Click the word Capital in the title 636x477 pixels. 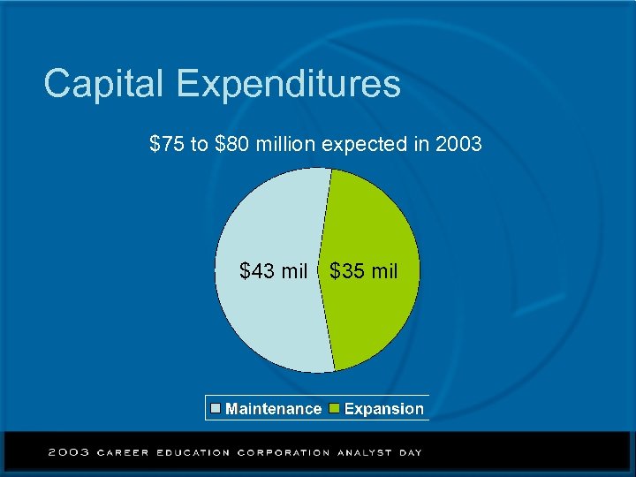[104, 84]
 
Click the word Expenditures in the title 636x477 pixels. [288, 84]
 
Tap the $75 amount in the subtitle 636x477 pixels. [166, 143]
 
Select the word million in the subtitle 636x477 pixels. [285, 143]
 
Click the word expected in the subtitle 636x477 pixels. [363, 143]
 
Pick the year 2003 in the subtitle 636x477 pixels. [458, 143]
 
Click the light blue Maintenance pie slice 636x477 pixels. [265, 318]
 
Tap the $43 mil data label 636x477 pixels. [274, 271]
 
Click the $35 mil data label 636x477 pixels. [364, 271]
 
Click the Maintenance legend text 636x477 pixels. [273, 409]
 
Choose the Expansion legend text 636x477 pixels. [383, 409]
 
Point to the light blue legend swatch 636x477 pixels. [216, 408]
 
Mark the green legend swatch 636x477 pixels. [334, 408]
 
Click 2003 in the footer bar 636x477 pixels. [68, 452]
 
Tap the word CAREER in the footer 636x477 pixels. [123, 452]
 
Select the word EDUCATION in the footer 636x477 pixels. [193, 452]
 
